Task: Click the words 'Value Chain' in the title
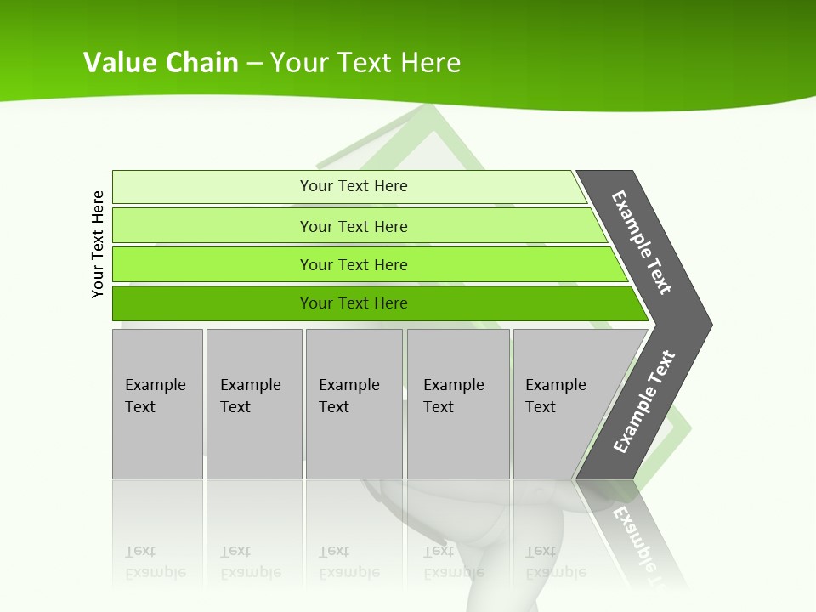click(161, 63)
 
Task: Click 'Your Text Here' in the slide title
click(365, 63)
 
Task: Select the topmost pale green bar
click(212, 187)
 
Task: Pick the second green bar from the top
click(212, 226)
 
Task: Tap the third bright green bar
click(212, 264)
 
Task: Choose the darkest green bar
click(212, 303)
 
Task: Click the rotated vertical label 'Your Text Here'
click(98, 245)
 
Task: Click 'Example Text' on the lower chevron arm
click(644, 402)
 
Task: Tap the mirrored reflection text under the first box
click(155, 562)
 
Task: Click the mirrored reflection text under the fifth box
click(555, 562)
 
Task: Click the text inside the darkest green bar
click(354, 303)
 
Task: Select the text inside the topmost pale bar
click(354, 186)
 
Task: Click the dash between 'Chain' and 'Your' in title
click(254, 64)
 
